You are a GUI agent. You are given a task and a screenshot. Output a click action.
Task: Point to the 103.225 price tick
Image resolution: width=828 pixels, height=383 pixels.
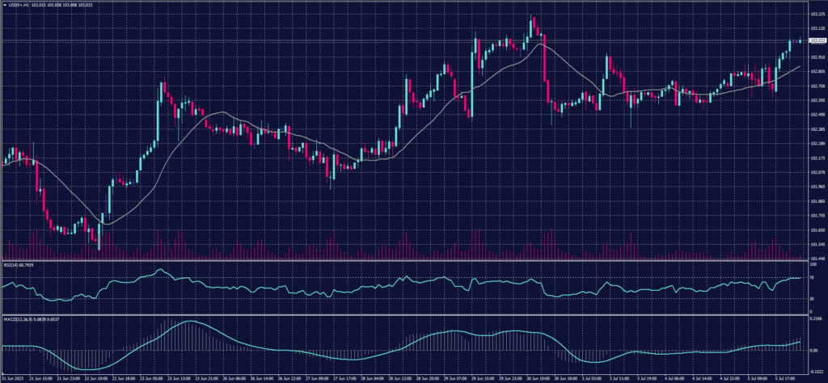tap(817, 14)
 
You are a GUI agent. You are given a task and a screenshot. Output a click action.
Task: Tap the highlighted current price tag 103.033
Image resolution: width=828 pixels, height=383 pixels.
tap(817, 40)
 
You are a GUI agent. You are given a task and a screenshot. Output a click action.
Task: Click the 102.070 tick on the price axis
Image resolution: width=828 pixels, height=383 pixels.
tap(817, 172)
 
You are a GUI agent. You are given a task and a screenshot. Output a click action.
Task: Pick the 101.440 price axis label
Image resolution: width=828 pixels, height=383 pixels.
tap(817, 259)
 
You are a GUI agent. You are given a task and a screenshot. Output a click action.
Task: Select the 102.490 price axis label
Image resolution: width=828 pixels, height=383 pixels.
tap(817, 115)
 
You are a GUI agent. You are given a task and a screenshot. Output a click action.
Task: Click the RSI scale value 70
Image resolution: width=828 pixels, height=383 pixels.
tap(812, 277)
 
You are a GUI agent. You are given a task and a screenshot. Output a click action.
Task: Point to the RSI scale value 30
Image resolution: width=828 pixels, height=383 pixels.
tap(812, 299)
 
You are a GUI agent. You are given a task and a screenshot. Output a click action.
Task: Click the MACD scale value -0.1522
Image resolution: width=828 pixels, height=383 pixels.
tap(815, 370)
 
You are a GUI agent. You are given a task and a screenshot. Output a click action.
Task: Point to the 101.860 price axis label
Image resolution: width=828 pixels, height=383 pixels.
tap(817, 201)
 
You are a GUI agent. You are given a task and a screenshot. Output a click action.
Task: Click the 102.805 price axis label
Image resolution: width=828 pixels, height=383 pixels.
tap(817, 72)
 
